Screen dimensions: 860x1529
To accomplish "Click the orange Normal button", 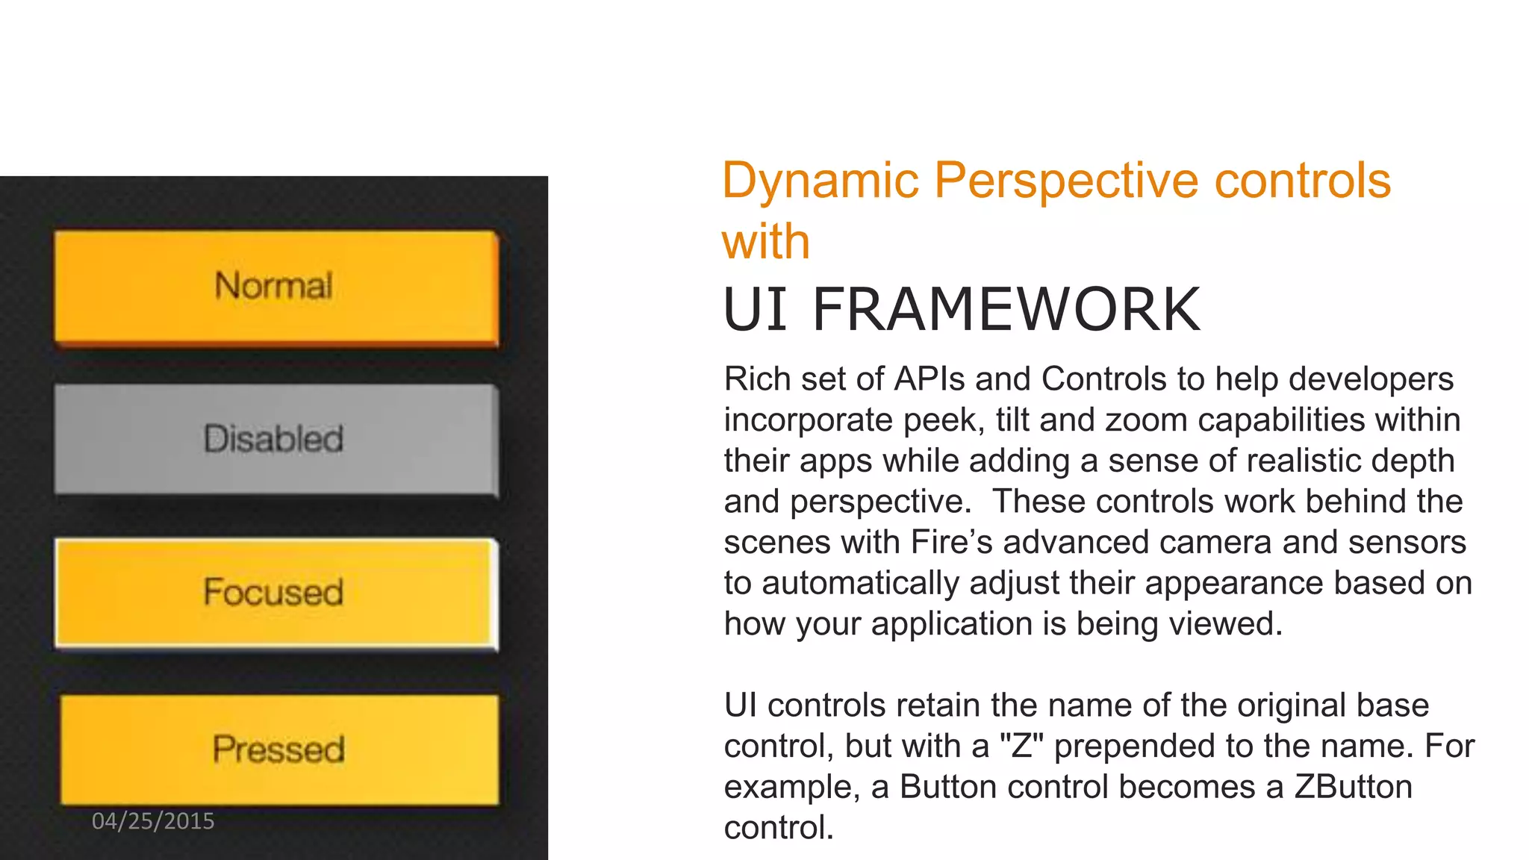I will click(275, 287).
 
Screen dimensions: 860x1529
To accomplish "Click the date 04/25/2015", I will click(153, 821).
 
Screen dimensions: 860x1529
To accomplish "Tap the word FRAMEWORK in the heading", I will click(1006, 309).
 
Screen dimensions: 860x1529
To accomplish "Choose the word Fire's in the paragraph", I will click(951, 543).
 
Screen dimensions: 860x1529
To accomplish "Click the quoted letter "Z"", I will click(1021, 746).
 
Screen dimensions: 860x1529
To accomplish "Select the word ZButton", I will click(1353, 787).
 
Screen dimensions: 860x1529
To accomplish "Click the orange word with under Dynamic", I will click(765, 242).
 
